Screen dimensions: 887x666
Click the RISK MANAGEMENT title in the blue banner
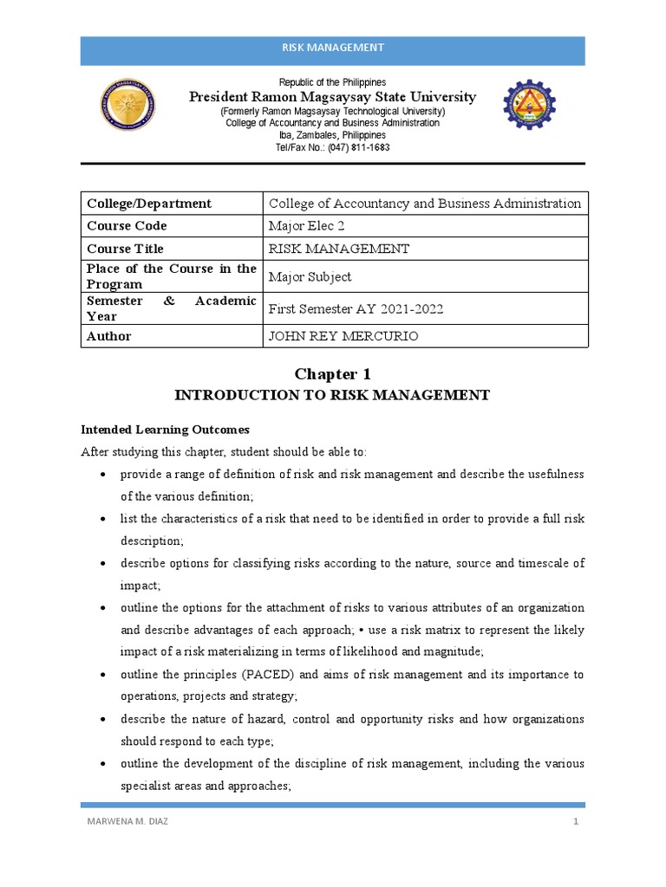[x=332, y=48]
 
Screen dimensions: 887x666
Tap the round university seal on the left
[x=129, y=114]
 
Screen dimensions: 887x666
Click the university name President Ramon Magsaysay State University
[x=332, y=97]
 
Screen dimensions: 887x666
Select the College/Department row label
[x=148, y=204]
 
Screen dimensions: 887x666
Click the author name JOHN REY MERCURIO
[x=344, y=336]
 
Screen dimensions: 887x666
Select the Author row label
[x=108, y=336]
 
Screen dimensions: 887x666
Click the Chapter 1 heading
[x=332, y=374]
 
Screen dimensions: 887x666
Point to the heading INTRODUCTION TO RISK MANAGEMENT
[x=332, y=395]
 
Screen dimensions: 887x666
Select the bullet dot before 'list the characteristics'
[x=104, y=519]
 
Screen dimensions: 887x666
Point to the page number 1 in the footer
[x=574, y=822]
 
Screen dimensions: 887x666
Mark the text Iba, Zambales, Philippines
[x=332, y=136]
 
